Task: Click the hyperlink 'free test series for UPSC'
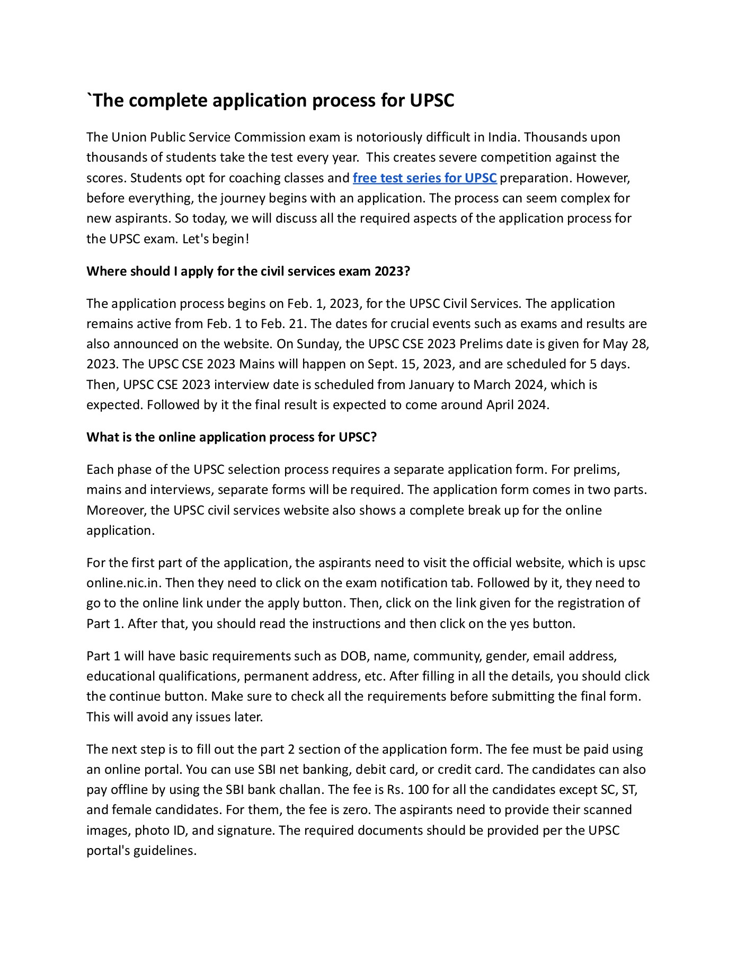pos(424,178)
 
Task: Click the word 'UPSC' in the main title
pos(432,101)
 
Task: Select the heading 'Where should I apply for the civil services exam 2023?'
pos(248,271)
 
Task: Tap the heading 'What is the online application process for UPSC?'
pos(232,437)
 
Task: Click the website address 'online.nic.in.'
pos(124,583)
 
